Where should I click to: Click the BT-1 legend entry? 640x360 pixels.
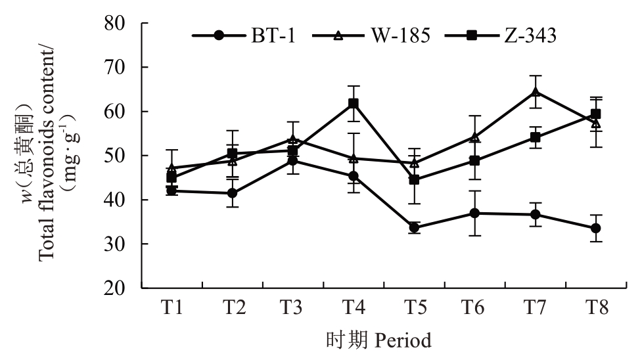point(244,36)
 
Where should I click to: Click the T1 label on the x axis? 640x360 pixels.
point(171,307)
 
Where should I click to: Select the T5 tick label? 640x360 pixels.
point(414,307)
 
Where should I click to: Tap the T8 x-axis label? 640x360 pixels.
point(595,307)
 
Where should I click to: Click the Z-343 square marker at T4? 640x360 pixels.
point(354,104)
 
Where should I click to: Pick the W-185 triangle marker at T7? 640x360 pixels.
point(536,92)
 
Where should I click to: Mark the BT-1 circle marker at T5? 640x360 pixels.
point(414,228)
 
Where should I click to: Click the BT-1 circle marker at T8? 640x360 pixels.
point(595,228)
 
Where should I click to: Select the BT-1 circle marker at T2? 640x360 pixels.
point(233,193)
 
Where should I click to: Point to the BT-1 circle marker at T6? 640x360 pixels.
point(474,213)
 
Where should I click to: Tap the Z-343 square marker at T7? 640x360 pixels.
point(536,137)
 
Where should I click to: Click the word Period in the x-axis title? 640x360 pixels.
point(403,341)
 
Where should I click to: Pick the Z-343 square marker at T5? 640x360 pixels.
point(414,179)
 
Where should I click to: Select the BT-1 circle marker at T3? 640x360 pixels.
point(293,161)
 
